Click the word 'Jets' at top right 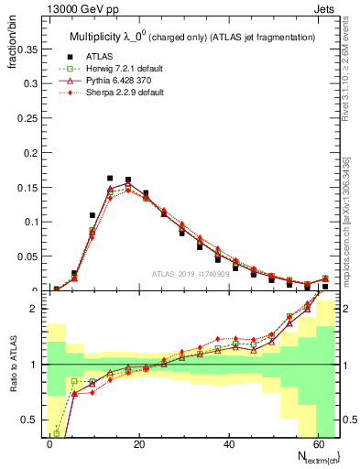pyautogui.click(x=327, y=10)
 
